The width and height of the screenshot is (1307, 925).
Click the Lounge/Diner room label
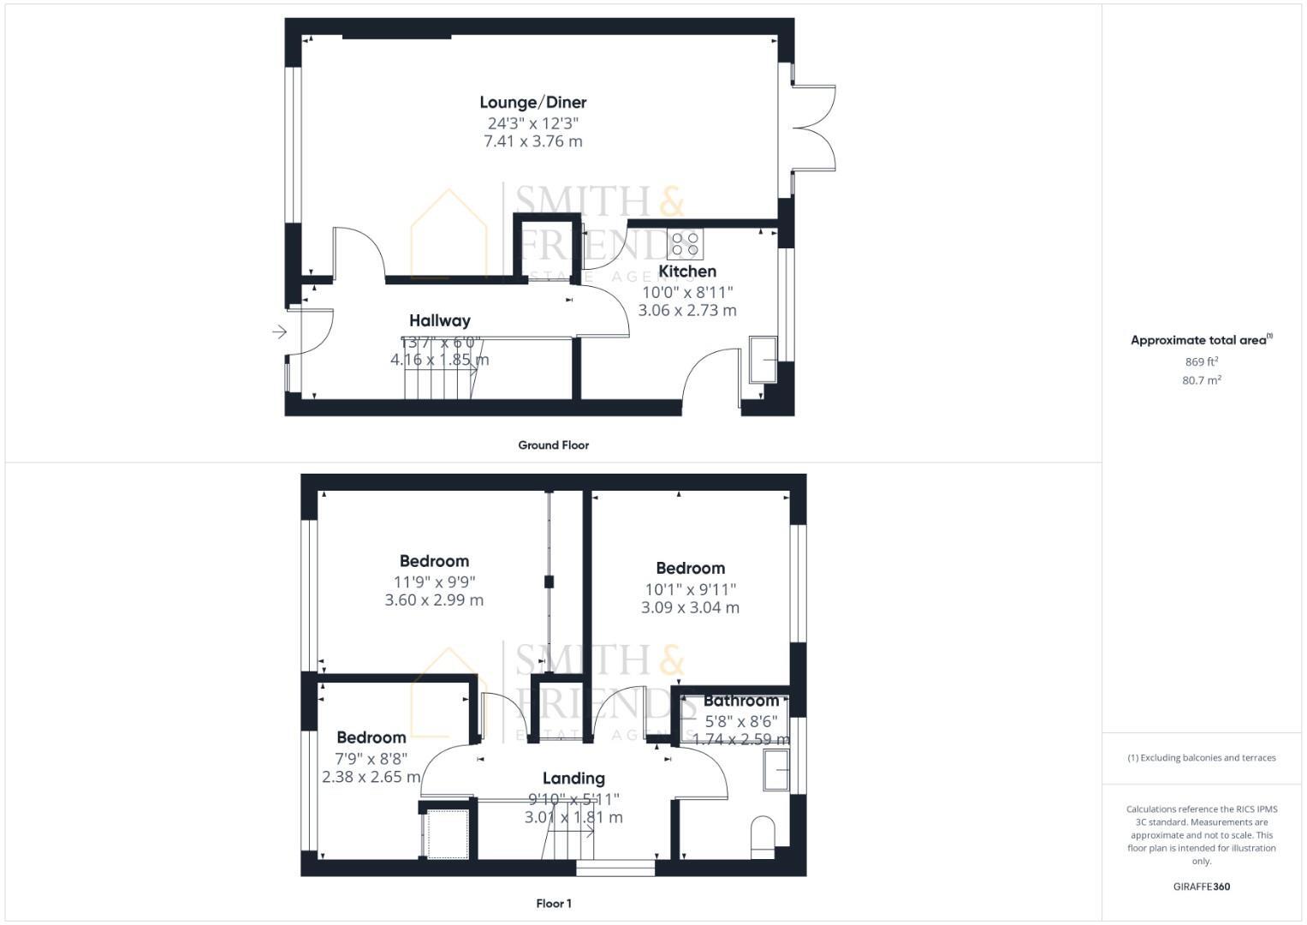(x=532, y=103)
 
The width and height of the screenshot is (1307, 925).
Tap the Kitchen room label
(x=686, y=272)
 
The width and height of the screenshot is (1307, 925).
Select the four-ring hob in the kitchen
(x=685, y=244)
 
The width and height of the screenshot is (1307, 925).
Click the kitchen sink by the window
(x=763, y=359)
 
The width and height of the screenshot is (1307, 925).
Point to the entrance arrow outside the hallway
(x=279, y=332)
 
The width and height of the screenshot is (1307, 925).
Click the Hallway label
(x=439, y=321)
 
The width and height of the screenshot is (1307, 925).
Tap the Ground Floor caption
(x=553, y=445)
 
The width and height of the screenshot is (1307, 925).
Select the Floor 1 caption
(x=553, y=904)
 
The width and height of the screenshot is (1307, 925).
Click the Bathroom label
(x=741, y=701)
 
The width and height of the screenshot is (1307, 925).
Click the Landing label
(x=573, y=779)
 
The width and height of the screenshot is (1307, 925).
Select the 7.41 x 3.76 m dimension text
(x=532, y=141)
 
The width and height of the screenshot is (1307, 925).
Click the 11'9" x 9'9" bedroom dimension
(x=434, y=581)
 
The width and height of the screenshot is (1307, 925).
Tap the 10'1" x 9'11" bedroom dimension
(x=690, y=589)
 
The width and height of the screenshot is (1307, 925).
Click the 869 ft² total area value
(x=1201, y=361)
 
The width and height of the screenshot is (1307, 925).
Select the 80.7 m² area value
(x=1201, y=380)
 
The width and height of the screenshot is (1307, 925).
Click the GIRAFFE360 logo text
(x=1201, y=886)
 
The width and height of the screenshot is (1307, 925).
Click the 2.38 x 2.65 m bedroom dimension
(x=371, y=777)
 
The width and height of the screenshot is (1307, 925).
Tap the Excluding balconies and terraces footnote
(x=1201, y=758)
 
